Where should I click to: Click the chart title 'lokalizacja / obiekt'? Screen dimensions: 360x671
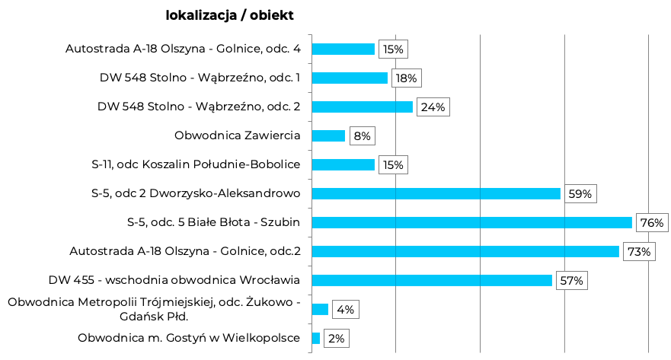point(229,15)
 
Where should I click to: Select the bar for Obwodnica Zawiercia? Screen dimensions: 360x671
point(328,135)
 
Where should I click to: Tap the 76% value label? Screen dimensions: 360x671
point(652,223)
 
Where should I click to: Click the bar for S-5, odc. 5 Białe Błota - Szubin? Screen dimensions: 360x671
point(471,222)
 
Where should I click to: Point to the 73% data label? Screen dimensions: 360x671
point(639,252)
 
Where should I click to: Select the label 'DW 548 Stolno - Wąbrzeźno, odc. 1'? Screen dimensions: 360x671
point(200,78)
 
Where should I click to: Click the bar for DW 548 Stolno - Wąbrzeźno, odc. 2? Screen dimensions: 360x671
point(362,107)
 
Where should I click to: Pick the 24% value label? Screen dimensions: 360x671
point(433,107)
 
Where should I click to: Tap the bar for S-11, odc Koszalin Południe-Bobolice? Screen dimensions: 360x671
point(343,164)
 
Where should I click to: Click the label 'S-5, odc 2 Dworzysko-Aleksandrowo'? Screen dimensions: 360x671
point(195,193)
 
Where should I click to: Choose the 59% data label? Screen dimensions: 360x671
point(580,194)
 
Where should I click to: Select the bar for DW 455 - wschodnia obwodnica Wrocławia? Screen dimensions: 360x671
point(432,280)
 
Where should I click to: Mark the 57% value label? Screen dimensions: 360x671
point(571,281)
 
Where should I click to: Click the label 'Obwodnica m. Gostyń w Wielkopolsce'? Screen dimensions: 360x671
point(189,338)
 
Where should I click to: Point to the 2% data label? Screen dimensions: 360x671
point(336,339)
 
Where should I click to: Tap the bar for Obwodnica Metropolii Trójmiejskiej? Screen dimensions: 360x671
point(320,309)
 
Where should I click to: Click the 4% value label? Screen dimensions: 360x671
point(345,310)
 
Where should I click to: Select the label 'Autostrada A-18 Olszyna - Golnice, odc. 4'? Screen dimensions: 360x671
point(183,49)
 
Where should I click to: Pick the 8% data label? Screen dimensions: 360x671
point(362,136)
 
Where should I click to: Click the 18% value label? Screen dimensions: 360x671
point(406,78)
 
